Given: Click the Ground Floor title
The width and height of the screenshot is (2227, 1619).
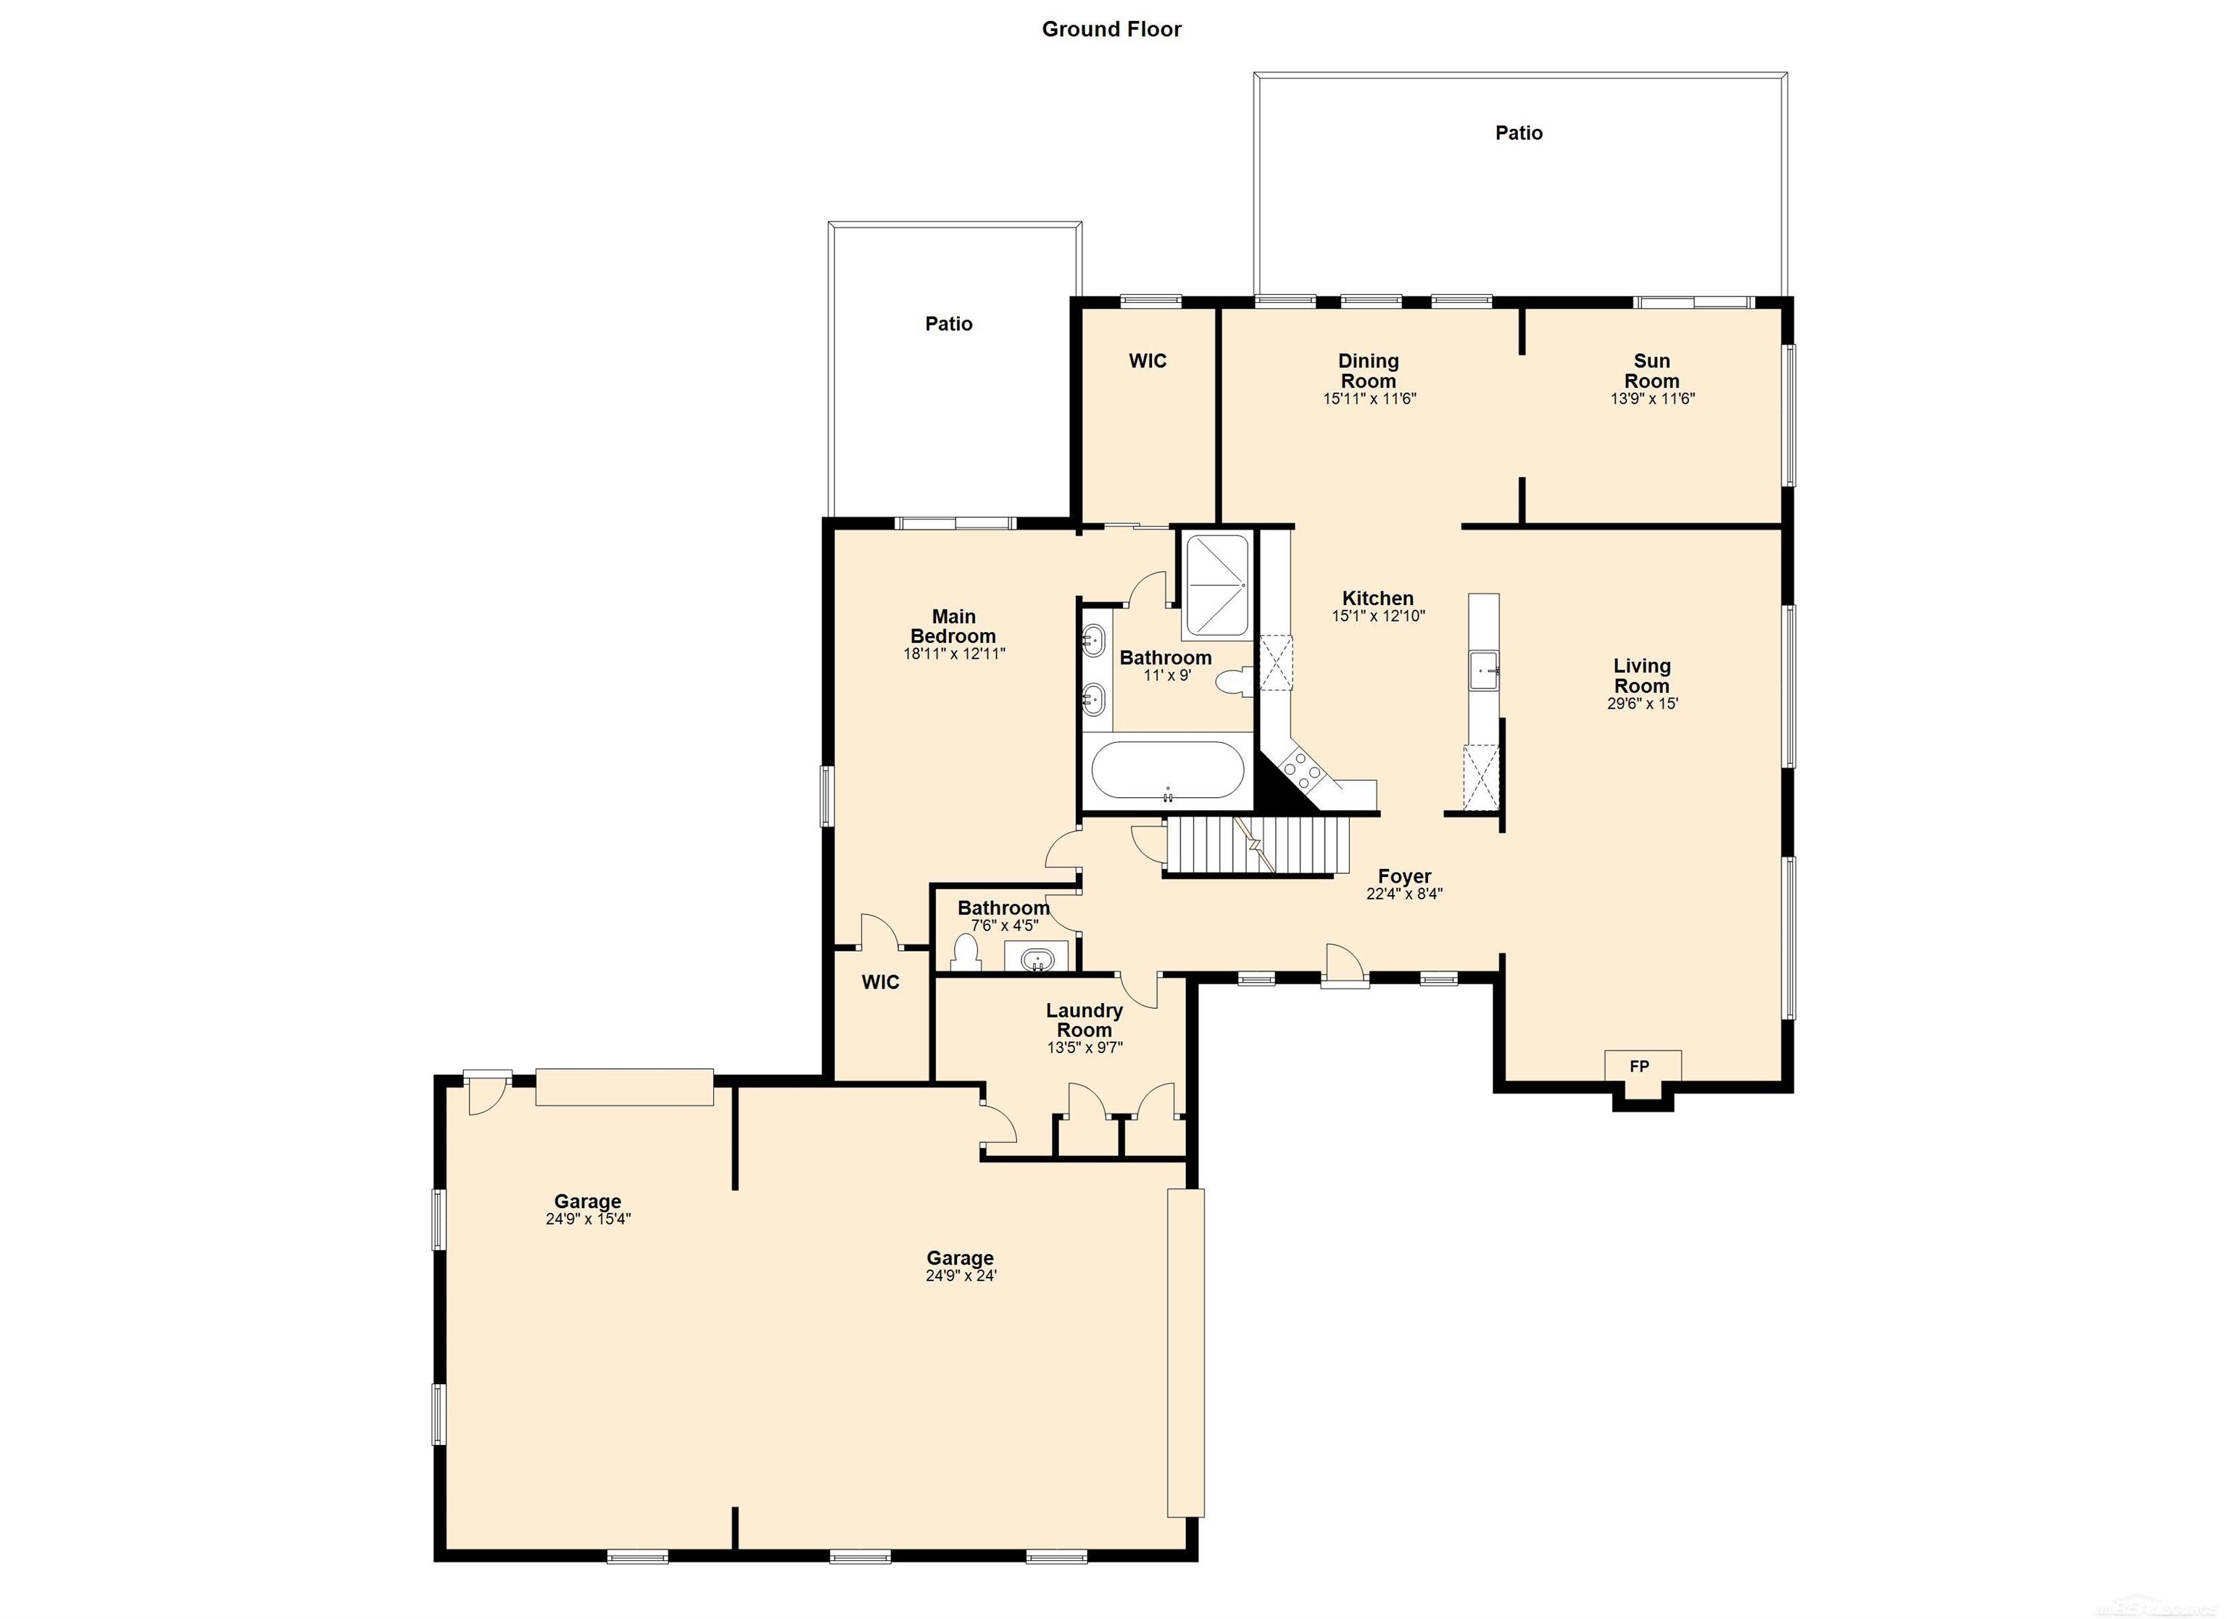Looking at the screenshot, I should pyautogui.click(x=1111, y=30).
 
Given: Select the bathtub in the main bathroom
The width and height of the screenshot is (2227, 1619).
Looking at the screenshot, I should pyautogui.click(x=1166, y=770).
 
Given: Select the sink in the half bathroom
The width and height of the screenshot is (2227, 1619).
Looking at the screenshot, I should pyautogui.click(x=1035, y=958).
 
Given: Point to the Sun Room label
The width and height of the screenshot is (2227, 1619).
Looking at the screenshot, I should pyautogui.click(x=1651, y=370).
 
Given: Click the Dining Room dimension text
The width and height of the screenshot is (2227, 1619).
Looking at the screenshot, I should pyautogui.click(x=1368, y=399).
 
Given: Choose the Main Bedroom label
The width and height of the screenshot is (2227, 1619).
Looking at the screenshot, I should pyautogui.click(x=953, y=625).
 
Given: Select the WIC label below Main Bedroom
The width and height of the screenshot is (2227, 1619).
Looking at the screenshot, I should pyautogui.click(x=880, y=982).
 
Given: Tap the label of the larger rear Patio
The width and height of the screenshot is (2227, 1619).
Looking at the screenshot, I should pyautogui.click(x=1518, y=133).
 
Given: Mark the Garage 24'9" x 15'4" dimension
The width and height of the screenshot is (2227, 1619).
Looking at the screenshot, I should pyautogui.click(x=587, y=1220).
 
